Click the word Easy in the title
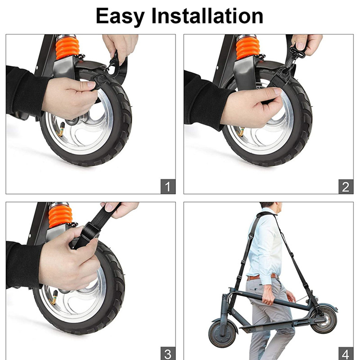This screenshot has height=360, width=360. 120,17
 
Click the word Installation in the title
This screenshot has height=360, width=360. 207,16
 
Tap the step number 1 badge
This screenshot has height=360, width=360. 168,186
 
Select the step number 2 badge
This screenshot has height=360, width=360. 346,186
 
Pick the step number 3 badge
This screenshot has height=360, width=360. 168,354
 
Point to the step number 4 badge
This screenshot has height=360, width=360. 346,354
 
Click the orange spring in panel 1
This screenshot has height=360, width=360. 67,48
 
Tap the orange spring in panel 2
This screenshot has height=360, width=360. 248,48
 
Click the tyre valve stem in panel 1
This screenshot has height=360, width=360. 61,129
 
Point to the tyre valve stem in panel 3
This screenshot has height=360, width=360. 54,297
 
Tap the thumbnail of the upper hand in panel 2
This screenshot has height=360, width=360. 300,46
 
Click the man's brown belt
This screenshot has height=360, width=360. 262,277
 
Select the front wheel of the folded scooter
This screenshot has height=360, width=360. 222,334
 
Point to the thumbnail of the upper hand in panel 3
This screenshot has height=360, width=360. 108,207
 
